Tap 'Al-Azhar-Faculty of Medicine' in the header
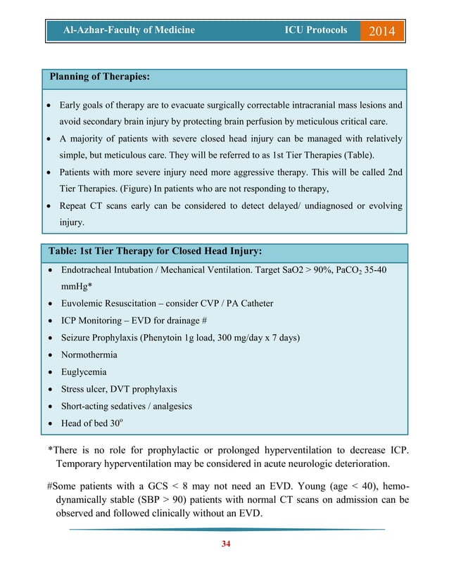(129, 30)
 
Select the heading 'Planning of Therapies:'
(99, 76)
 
